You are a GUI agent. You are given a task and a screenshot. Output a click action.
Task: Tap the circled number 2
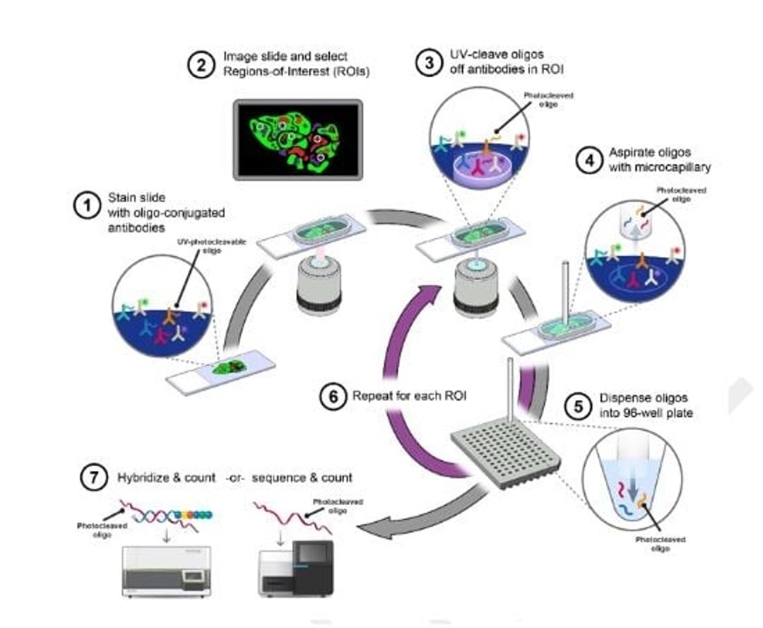(201, 64)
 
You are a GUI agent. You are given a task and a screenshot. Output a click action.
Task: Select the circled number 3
(429, 62)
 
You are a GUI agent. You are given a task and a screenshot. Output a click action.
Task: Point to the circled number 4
(588, 161)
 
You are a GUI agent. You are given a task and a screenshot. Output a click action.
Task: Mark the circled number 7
(94, 478)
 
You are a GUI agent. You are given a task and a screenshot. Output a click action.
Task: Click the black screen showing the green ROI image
(298, 139)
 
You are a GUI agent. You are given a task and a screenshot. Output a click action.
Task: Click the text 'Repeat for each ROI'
(410, 396)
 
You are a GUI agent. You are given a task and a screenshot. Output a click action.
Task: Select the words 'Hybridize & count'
(166, 478)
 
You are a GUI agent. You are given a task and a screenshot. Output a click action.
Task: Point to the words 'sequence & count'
(302, 478)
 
